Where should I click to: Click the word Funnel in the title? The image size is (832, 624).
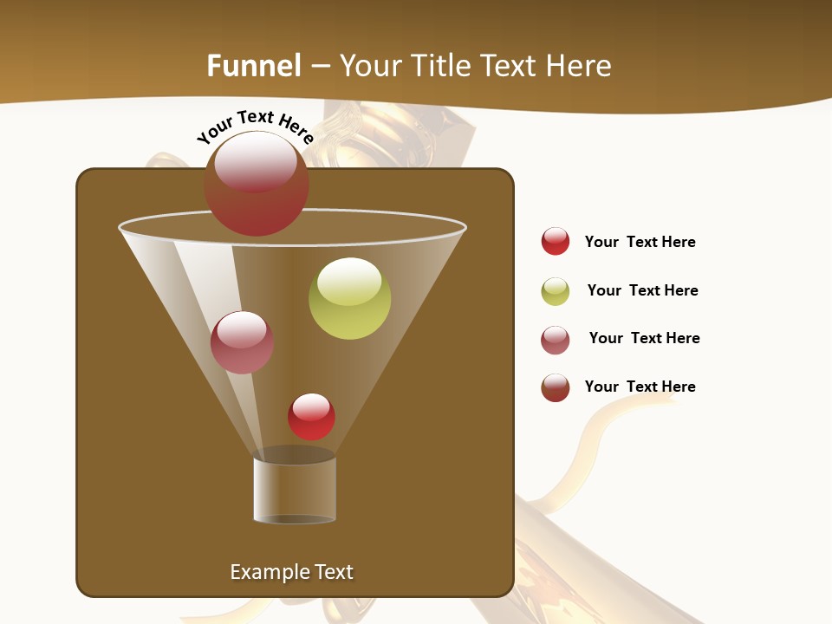(254, 66)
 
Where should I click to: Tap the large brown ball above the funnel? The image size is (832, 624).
(256, 183)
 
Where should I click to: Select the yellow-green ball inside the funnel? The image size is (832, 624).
(349, 298)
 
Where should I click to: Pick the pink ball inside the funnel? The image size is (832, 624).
(242, 342)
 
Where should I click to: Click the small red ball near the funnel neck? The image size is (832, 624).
(311, 417)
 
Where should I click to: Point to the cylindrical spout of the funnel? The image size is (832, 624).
(295, 490)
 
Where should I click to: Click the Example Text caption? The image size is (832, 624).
(292, 572)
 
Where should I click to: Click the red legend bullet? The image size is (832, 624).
(556, 241)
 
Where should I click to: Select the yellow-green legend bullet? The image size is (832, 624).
(556, 291)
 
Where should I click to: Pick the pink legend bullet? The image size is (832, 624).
(556, 340)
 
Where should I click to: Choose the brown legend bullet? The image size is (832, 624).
(556, 387)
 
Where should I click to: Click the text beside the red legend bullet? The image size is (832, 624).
(640, 242)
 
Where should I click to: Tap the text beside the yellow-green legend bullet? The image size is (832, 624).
(642, 290)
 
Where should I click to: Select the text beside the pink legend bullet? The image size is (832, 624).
(644, 338)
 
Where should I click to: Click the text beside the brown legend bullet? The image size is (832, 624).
(640, 387)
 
